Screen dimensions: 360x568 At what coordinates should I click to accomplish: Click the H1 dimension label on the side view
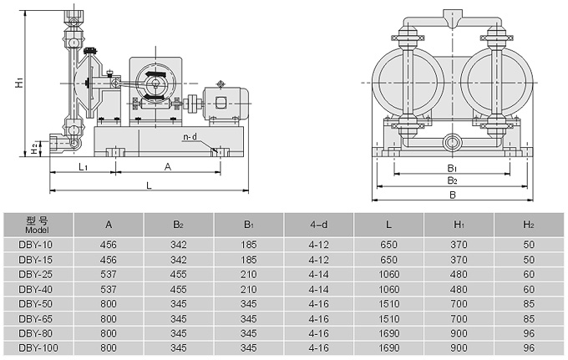point(18,84)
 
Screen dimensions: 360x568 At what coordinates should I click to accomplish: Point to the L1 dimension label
point(84,167)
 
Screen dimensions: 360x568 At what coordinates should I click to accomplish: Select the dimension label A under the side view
point(168,167)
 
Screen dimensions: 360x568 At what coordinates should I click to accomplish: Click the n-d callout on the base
point(191,136)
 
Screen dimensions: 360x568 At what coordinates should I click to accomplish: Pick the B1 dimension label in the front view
point(452,168)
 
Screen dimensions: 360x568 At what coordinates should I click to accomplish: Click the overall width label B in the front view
point(452,195)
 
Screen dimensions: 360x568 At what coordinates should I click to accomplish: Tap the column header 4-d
point(318,224)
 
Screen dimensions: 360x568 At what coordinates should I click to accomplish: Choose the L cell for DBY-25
point(388,274)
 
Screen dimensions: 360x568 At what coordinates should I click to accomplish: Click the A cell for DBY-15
point(109,261)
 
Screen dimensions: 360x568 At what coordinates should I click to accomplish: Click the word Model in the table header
point(38,230)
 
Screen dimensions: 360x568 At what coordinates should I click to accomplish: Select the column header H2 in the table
point(529,224)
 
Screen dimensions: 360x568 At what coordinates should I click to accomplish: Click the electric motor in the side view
point(224,102)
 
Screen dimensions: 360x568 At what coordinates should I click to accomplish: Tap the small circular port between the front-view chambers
point(452,142)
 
